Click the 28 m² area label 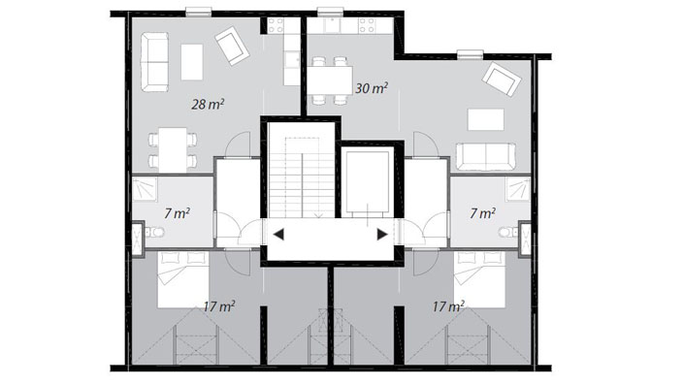pyautogui.click(x=208, y=104)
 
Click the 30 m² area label pyautogui.click(x=372, y=88)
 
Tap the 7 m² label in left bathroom pyautogui.click(x=178, y=213)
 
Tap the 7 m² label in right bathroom pyautogui.click(x=482, y=213)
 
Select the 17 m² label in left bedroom pyautogui.click(x=219, y=306)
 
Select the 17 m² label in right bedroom pyautogui.click(x=448, y=306)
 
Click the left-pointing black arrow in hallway pyautogui.click(x=278, y=235)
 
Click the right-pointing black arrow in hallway pyautogui.click(x=382, y=235)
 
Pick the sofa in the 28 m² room pyautogui.click(x=155, y=62)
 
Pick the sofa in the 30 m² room pyautogui.click(x=486, y=156)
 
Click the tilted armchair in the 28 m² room pyautogui.click(x=232, y=46)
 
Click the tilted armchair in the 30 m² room pyautogui.click(x=502, y=79)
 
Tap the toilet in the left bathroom pyautogui.click(x=155, y=232)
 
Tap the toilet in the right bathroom pyautogui.click(x=508, y=232)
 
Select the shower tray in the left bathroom pyautogui.click(x=145, y=189)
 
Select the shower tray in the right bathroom pyautogui.click(x=518, y=189)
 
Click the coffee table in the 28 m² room pyautogui.click(x=192, y=62)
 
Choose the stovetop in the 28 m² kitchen pyautogui.click(x=276, y=26)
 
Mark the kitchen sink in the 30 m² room pyautogui.click(x=333, y=25)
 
